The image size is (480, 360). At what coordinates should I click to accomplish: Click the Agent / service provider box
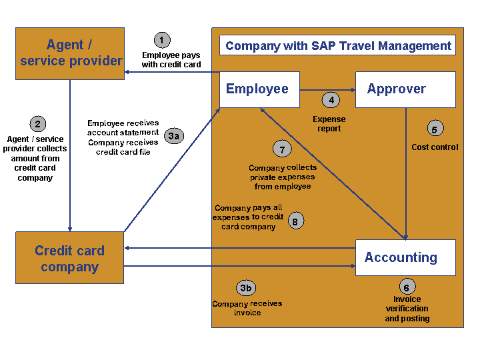70,53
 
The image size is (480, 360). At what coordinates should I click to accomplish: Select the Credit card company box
69,258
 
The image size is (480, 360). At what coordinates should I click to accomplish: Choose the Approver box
405,89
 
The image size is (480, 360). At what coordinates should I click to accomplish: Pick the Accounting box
405,257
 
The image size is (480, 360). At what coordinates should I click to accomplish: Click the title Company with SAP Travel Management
338,46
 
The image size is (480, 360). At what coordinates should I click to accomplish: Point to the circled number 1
162,40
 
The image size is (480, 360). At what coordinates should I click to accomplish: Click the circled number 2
38,123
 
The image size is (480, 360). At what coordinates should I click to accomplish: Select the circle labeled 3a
174,137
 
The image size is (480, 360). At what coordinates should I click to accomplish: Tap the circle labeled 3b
246,288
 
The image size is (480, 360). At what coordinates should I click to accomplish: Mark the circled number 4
329,101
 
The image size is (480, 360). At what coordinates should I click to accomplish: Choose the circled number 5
435,129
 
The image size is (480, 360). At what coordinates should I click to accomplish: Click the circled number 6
407,287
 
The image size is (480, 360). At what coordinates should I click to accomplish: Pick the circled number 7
282,149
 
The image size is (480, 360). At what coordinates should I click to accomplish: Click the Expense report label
329,124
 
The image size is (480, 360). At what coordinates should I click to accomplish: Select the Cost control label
435,147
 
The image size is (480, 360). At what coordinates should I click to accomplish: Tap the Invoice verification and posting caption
407,309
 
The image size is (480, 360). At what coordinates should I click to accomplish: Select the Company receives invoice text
247,308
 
